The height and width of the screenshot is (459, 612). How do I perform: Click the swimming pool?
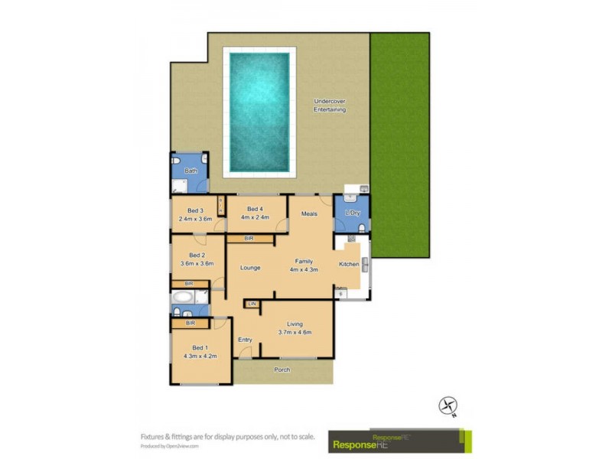[259, 112]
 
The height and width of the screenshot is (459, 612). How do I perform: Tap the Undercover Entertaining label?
[330, 106]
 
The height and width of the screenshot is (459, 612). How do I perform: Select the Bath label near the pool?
[190, 171]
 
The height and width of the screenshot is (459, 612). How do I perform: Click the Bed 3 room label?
[196, 210]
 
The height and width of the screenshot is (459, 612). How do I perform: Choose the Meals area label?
[309, 213]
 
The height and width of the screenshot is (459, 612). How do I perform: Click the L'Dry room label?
[352, 213]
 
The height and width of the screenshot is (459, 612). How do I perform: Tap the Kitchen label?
[349, 264]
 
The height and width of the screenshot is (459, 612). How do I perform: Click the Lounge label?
[250, 268]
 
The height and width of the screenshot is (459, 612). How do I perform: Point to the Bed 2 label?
[197, 256]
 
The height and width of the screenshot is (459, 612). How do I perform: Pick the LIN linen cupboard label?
[252, 304]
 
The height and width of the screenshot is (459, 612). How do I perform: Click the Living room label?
[295, 324]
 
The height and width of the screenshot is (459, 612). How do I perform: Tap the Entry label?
[245, 339]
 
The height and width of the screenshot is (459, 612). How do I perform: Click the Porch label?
[282, 370]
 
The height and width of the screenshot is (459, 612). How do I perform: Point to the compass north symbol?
[448, 405]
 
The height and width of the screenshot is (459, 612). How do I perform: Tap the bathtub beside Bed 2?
[184, 296]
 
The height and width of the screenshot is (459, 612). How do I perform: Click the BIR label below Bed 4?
[249, 239]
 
